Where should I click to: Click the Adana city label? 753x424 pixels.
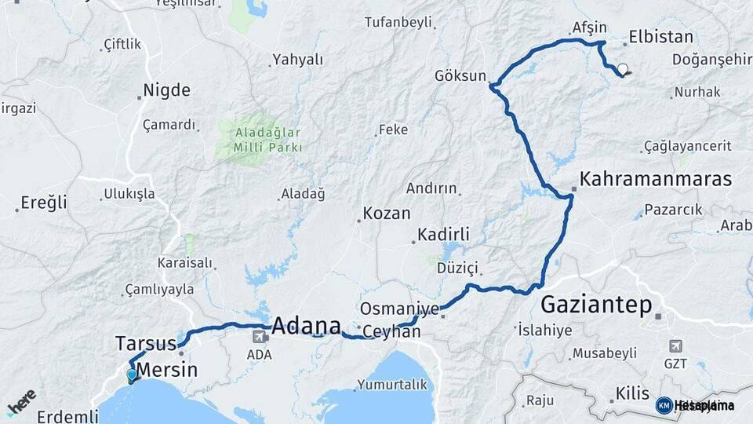(307, 325)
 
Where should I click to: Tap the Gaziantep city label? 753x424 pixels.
(596, 305)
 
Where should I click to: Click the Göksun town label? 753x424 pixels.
(461, 76)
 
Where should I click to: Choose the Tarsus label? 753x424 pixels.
(146, 343)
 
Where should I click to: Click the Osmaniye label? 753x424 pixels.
(399, 309)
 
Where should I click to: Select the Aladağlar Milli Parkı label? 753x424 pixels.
(267, 140)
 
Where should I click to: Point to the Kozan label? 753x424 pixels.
(387, 213)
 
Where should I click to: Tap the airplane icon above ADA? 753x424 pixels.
(259, 337)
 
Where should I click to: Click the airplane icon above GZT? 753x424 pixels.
(676, 345)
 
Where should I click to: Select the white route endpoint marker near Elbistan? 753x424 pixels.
(623, 69)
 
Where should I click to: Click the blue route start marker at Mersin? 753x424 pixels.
(132, 375)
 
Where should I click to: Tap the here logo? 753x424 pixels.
(21, 401)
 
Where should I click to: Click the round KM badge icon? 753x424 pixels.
(664, 405)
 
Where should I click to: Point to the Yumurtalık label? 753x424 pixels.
(392, 385)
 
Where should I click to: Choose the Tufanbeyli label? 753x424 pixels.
(398, 22)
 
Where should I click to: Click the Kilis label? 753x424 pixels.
(632, 393)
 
